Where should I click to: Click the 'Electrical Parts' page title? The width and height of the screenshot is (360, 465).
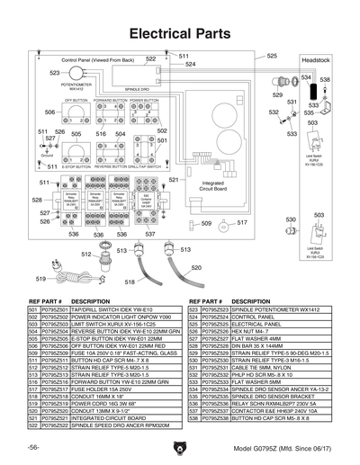(180, 32)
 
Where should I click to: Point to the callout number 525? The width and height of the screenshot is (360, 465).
(271, 56)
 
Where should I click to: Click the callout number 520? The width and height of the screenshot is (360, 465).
(195, 267)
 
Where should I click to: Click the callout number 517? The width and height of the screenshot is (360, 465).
(242, 221)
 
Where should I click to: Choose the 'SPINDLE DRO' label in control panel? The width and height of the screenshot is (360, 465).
(137, 90)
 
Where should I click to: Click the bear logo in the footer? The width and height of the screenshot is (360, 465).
(180, 447)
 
